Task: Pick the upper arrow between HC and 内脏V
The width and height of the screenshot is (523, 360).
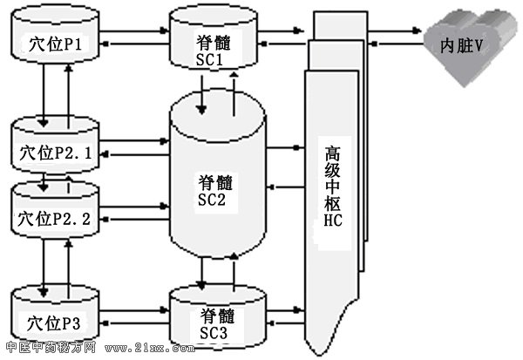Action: tap(397, 32)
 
